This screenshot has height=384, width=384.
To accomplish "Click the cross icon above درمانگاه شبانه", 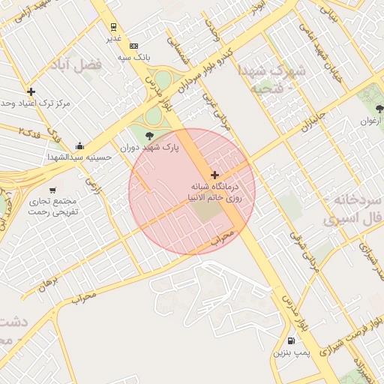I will pos(215,175).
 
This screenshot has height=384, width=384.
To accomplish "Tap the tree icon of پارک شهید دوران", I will pos(149,136).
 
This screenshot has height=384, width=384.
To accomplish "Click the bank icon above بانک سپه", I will pos(133,46).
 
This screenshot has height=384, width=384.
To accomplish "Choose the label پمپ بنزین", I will pos(290,352).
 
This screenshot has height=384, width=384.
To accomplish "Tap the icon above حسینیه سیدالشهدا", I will pos(79,146).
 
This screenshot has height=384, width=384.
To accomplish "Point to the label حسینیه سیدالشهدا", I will pos(79,157).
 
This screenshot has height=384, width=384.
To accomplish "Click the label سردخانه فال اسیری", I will pos(353,211).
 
